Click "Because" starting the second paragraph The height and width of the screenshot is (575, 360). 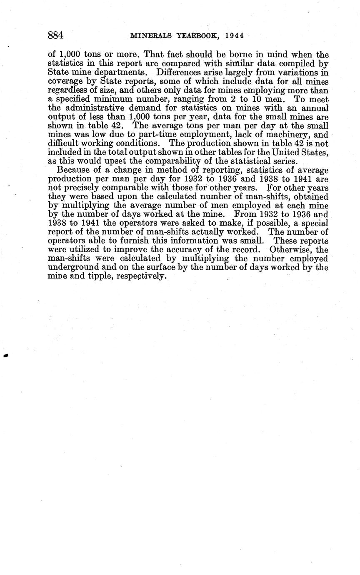point(72,170)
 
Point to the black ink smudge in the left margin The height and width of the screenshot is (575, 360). point(5,355)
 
